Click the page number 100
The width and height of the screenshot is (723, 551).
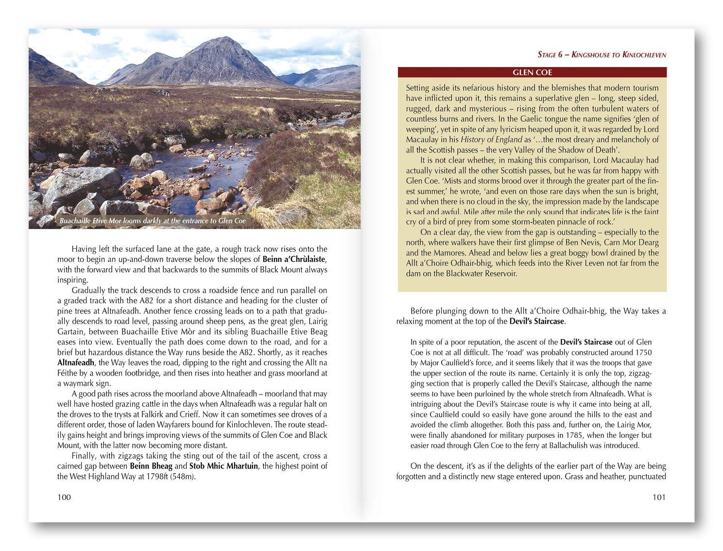(x=64, y=497)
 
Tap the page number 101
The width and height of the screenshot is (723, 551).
(x=658, y=497)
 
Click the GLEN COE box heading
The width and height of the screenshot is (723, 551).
(x=532, y=73)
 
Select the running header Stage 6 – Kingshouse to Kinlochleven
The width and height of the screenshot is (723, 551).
(x=602, y=54)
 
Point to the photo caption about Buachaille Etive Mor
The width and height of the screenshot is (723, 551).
(x=153, y=221)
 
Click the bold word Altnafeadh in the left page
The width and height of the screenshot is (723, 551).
(x=77, y=363)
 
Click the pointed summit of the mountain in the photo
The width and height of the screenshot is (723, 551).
(x=223, y=38)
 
